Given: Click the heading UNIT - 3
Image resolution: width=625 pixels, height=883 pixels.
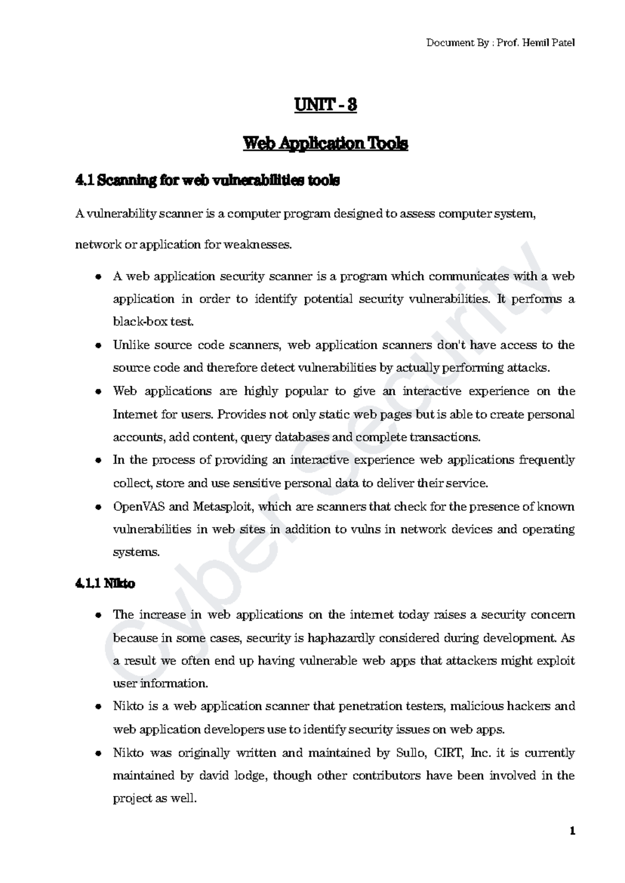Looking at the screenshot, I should (326, 105).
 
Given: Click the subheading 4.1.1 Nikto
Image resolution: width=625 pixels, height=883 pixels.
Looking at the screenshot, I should (105, 584).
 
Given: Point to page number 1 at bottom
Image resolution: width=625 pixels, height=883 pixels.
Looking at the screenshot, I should (572, 831).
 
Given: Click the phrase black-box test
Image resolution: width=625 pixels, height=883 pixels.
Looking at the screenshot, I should (153, 322).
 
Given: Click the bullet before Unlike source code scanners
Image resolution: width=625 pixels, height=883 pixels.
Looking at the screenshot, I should (98, 346).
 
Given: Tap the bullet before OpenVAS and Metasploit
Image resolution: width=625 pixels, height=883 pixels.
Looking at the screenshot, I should (98, 507).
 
